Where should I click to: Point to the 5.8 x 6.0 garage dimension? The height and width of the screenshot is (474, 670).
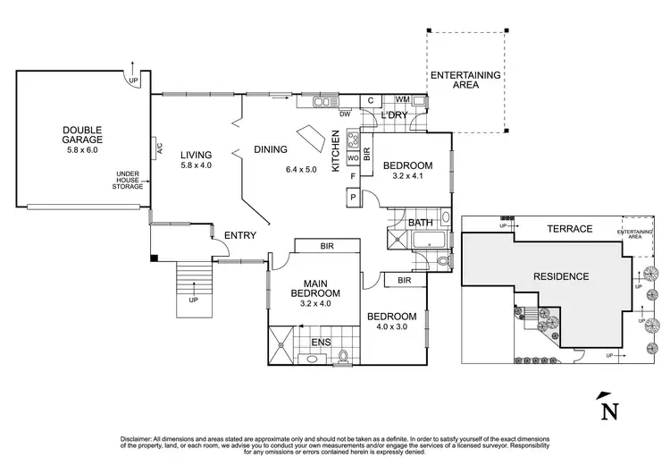pos(82,150)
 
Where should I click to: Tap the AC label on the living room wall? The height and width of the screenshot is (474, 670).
pos(158,148)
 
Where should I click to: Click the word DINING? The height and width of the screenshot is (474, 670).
pos(271,149)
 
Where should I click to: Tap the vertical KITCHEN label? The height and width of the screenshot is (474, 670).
pos(336,150)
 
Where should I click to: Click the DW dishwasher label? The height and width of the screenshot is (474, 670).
pos(344,114)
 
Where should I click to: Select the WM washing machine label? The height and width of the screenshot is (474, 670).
pos(402,99)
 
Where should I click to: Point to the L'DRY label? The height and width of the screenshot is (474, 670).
pos(393,116)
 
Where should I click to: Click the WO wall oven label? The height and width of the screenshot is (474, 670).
pos(352,158)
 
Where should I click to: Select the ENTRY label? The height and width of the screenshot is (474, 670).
pos(240,235)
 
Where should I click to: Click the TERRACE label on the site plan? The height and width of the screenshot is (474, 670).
pos(570,229)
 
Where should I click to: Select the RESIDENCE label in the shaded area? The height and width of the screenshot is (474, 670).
pos(562,276)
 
